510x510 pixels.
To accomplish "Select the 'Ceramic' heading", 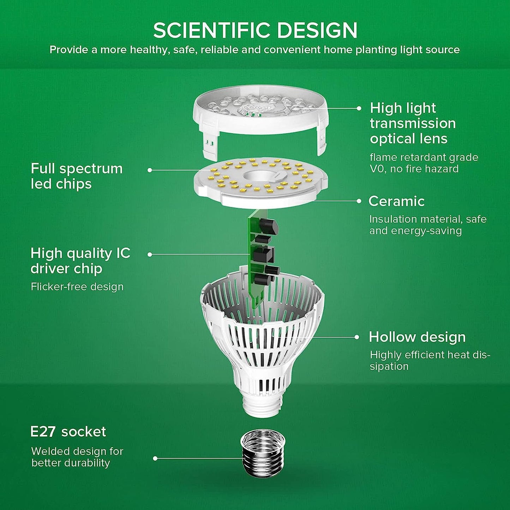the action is point(396,201).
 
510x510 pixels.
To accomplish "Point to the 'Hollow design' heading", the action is point(417,337).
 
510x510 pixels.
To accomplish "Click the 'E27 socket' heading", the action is point(68,432).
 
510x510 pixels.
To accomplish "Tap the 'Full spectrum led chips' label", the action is point(77,176).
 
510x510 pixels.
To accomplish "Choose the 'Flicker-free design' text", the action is point(77,287).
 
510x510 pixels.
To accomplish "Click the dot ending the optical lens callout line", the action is point(359,108).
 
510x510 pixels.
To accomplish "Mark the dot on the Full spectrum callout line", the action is point(150,170).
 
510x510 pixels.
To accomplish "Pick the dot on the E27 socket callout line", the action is point(155,458).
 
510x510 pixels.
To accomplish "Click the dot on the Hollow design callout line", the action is point(357,337).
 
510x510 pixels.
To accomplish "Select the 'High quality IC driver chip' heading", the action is point(80,261).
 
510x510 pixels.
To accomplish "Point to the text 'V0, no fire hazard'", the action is point(414,169).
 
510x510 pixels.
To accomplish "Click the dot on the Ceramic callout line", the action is point(359,201).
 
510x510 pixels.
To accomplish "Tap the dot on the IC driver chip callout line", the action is point(150,254).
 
